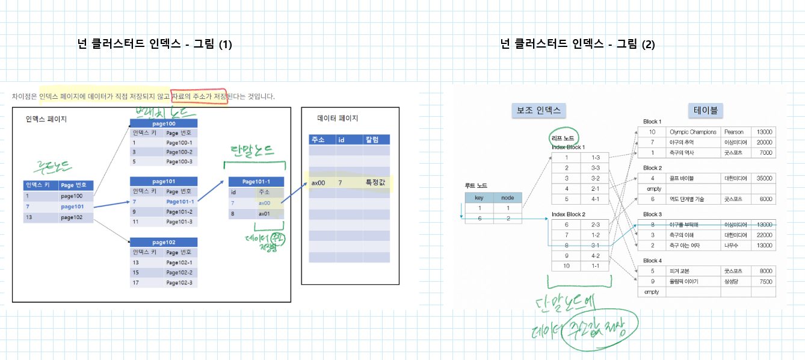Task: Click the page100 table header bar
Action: click(164, 123)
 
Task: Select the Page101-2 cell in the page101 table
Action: click(180, 211)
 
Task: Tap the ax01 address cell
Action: click(265, 213)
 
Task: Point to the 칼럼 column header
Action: click(375, 140)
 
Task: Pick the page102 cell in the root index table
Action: click(75, 217)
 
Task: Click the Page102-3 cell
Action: click(180, 282)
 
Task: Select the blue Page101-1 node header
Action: click(256, 182)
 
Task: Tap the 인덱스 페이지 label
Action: click(46, 119)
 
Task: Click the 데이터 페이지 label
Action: click(338, 118)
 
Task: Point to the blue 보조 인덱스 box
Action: click(538, 110)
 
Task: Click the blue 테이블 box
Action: click(706, 110)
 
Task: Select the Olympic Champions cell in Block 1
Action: click(693, 132)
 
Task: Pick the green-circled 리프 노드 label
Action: click(563, 138)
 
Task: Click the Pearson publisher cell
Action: click(733, 132)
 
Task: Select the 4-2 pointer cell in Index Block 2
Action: click(595, 255)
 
